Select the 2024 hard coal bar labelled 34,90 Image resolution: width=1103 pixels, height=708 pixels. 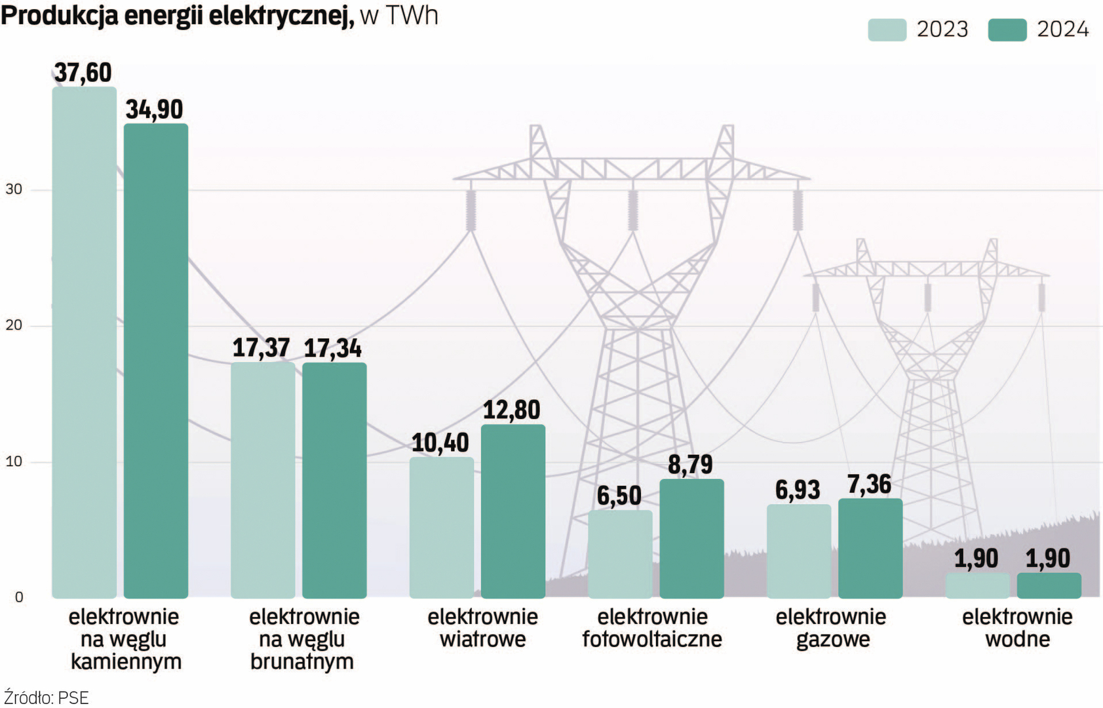[x=156, y=361]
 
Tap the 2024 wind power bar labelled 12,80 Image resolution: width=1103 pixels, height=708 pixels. [x=513, y=511]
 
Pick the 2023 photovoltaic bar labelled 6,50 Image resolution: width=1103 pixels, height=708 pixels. [x=620, y=554]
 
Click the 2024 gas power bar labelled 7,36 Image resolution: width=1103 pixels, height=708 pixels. [x=870, y=548]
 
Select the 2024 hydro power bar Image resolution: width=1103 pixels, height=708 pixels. [x=1049, y=585]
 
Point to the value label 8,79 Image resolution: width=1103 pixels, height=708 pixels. [x=690, y=465]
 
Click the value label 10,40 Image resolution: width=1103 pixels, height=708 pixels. [x=440, y=443]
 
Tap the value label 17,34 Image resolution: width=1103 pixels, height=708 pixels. [x=333, y=349]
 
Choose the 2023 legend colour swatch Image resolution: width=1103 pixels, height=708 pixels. [x=887, y=30]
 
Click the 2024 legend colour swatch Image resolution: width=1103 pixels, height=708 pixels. [x=1007, y=30]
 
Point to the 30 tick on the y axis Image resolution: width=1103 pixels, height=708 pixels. [x=14, y=189]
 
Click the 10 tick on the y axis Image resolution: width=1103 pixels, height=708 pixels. [x=14, y=462]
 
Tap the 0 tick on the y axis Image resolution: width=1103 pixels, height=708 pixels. [x=19, y=597]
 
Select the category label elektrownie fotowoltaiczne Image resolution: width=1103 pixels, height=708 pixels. [x=652, y=628]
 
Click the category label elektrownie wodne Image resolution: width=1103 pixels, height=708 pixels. [x=1017, y=628]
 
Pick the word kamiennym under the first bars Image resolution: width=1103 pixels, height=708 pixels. [x=126, y=661]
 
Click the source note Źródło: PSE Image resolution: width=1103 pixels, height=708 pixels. [x=46, y=698]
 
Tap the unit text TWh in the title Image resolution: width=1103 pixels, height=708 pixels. [x=412, y=16]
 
